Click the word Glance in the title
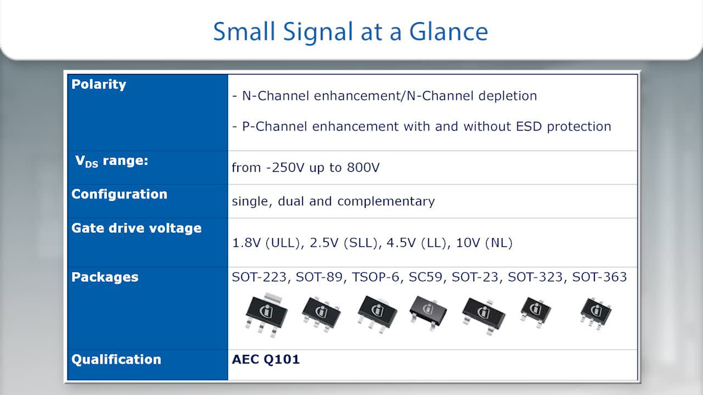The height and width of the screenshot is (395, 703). [x=449, y=32]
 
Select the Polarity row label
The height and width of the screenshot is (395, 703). [x=98, y=84]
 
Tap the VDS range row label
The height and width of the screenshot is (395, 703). [x=111, y=161]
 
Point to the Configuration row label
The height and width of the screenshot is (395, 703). [x=119, y=194]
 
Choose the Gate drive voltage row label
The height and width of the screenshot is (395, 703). [x=136, y=228]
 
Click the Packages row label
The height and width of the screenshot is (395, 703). [x=105, y=277]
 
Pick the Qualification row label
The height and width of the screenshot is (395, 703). [x=116, y=359]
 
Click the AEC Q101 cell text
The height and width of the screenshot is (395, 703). [x=265, y=359]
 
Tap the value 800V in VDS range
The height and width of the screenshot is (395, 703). [x=363, y=167]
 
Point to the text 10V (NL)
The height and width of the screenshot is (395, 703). [x=484, y=243]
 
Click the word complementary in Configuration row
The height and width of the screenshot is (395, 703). [x=386, y=201]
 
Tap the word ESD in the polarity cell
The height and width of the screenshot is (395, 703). [x=529, y=126]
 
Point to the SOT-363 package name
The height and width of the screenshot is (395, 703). [x=599, y=277]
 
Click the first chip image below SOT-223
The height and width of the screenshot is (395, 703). [x=266, y=314]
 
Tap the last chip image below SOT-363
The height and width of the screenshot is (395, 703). [x=595, y=313]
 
